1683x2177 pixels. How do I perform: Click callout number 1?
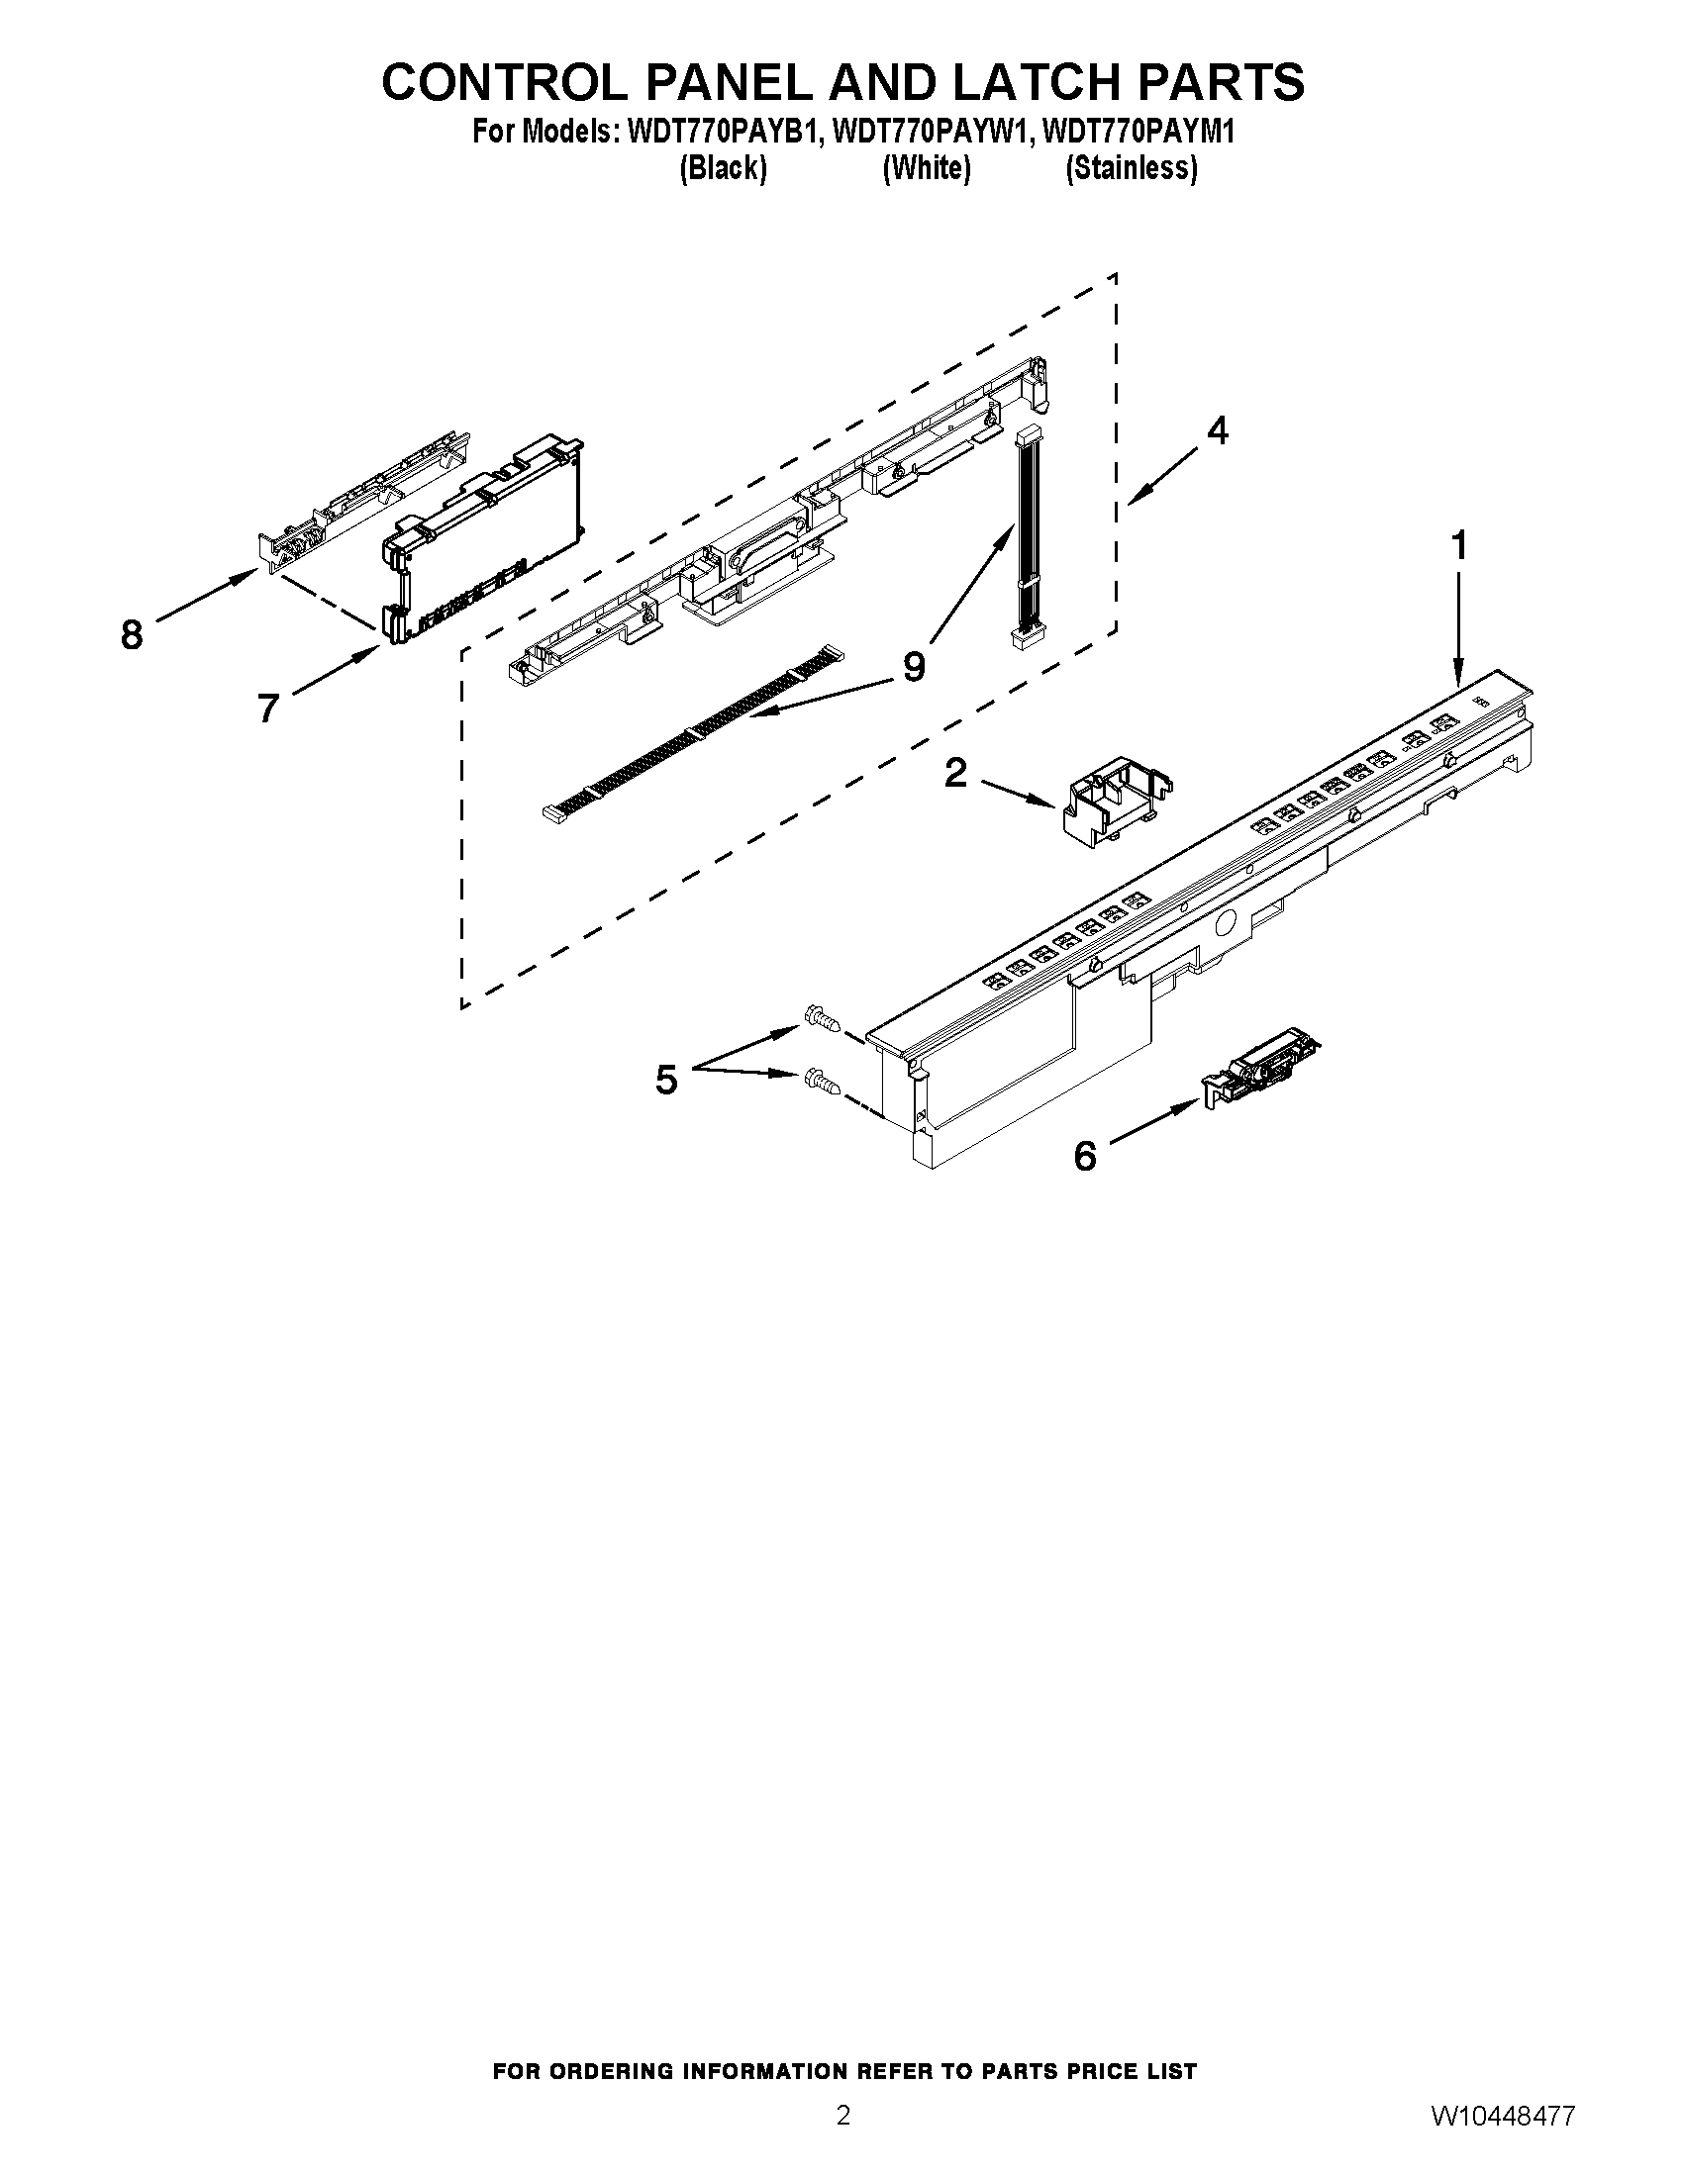click(1458, 546)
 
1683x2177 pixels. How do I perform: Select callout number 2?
click(955, 772)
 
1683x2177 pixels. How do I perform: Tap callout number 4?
click(1217, 429)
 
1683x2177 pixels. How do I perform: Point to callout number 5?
click(667, 1079)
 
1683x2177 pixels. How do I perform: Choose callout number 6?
click(1085, 1156)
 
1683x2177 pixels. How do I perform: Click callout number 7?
click(267, 708)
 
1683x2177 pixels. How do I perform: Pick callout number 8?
click(132, 634)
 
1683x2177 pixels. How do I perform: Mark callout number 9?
click(914, 666)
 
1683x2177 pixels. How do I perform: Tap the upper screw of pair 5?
click(821, 1018)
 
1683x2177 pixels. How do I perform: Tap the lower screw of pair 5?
click(821, 1080)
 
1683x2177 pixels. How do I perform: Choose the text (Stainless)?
click(1131, 168)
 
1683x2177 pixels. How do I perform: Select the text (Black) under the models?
click(723, 168)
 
